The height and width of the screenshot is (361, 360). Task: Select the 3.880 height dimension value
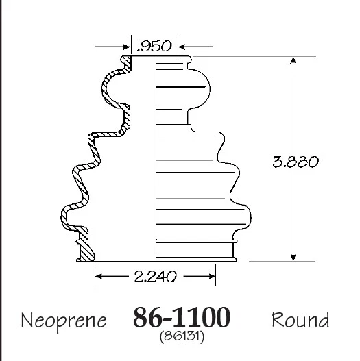click(x=295, y=162)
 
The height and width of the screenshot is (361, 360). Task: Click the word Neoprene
click(x=64, y=320)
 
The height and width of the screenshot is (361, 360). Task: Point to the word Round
click(x=300, y=320)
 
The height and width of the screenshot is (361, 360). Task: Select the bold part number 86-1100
click(x=181, y=318)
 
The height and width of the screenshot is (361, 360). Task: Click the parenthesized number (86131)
click(x=181, y=336)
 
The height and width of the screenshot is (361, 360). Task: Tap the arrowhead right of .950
click(x=184, y=47)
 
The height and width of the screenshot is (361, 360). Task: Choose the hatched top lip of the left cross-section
click(x=127, y=63)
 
